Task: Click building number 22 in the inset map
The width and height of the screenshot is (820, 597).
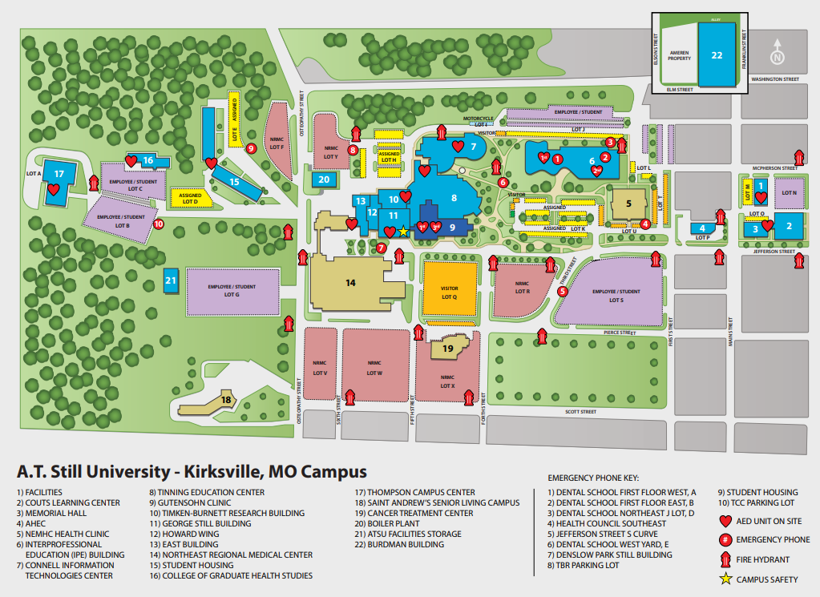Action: tap(717, 54)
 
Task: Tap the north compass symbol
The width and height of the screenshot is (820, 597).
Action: tap(777, 56)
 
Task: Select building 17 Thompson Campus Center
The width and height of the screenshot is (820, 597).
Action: tap(58, 174)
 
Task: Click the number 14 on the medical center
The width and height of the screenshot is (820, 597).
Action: tap(350, 282)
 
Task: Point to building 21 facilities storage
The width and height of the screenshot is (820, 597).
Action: tap(170, 280)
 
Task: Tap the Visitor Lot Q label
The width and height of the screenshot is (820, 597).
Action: tap(449, 292)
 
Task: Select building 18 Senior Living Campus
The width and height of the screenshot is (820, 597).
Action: tap(226, 399)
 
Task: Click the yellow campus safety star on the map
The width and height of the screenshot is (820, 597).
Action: tap(403, 232)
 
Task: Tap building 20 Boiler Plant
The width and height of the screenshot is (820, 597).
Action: tap(324, 180)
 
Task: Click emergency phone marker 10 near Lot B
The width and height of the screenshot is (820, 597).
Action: tap(158, 224)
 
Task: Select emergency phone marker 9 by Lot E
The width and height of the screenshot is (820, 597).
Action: tap(250, 148)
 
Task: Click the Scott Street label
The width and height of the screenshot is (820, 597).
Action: tap(581, 412)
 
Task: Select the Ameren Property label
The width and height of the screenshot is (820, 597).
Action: tap(680, 55)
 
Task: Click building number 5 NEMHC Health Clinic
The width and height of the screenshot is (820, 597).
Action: tap(629, 202)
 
